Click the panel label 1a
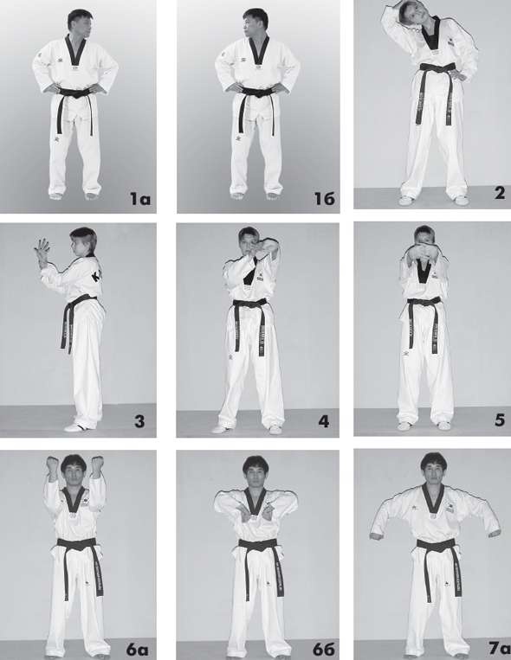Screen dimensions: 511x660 point(140,198)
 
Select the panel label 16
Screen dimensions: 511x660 point(325,198)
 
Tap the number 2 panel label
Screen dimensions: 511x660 point(499,193)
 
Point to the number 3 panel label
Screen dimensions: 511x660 point(139,421)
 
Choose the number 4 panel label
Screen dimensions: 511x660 point(324,421)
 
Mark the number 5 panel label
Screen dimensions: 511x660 point(500,420)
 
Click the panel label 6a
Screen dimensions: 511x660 point(138,650)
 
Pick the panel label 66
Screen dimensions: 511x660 point(323,650)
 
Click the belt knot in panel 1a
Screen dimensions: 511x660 point(76,93)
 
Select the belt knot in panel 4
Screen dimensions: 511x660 point(250,303)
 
